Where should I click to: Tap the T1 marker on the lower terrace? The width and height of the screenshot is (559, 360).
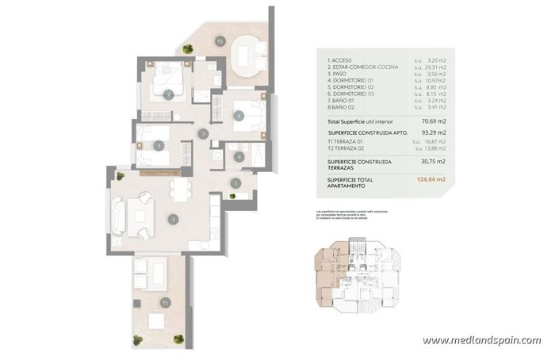coord(165,302)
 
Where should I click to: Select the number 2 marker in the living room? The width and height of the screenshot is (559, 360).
coord(173,218)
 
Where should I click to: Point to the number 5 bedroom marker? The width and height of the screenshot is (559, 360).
coord(159,145)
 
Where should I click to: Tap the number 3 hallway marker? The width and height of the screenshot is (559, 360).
coord(204,135)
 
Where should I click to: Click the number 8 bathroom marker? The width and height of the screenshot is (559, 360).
coord(239,158)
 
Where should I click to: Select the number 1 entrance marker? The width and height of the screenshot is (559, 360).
coord(235,183)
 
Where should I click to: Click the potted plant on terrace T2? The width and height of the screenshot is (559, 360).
coord(188,51)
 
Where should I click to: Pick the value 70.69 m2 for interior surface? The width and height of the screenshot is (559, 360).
coord(431,121)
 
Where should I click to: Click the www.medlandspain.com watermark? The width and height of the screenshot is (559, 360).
coord(481,340)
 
